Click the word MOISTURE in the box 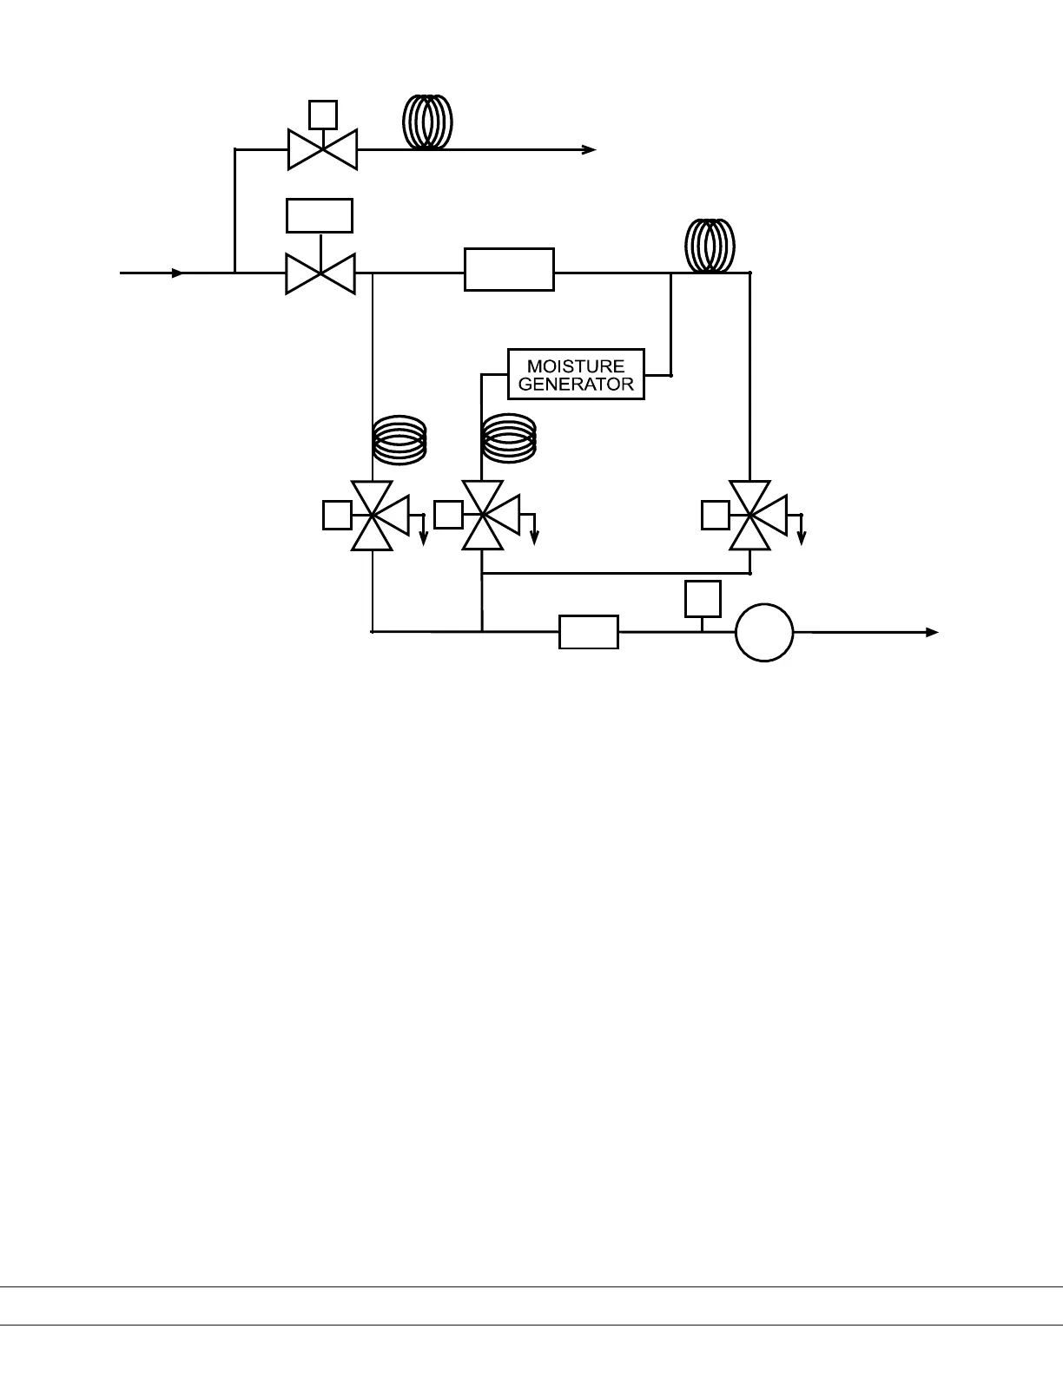[576, 366]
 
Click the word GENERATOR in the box [576, 384]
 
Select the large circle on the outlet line [764, 633]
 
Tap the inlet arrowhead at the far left [177, 273]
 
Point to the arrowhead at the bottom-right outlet [933, 633]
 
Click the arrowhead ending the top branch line [590, 149]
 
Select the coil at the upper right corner [710, 246]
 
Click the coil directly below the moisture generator [509, 438]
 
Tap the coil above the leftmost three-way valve [399, 440]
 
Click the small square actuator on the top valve [323, 115]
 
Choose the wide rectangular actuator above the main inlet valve [320, 215]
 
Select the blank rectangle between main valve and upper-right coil [509, 269]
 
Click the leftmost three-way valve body [373, 516]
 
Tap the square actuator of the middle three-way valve [448, 515]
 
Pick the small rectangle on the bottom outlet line [588, 632]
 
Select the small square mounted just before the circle [703, 598]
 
